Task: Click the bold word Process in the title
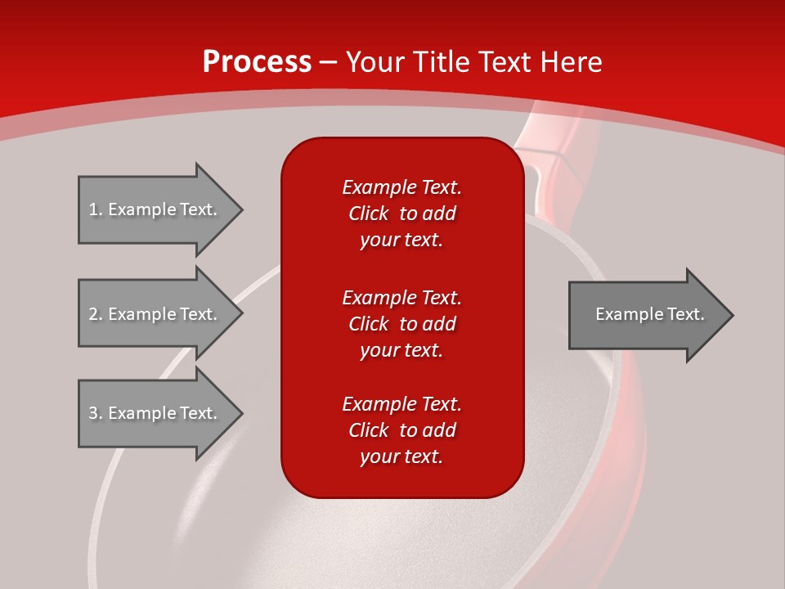257,62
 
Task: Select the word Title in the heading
442,62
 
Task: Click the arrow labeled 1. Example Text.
155,209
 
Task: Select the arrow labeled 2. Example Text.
155,314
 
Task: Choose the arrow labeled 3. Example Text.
155,413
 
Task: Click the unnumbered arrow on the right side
646,314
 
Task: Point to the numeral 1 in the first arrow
93,209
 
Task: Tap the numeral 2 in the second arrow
93,314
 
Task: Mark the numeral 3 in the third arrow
93,413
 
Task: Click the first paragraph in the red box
401,214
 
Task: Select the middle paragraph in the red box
401,324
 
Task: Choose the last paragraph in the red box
401,430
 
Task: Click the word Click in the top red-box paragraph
369,214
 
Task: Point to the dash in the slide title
329,63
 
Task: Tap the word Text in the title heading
505,62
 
